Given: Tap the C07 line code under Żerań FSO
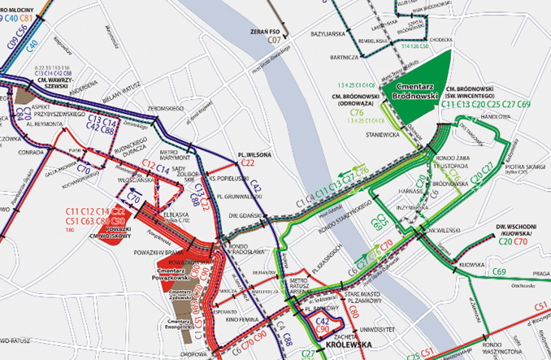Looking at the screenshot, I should [x=274, y=39].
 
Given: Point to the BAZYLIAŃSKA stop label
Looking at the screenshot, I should [x=328, y=35].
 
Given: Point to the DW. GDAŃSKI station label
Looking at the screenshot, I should [x=243, y=215].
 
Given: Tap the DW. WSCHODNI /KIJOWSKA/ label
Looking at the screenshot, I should [x=513, y=229].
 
